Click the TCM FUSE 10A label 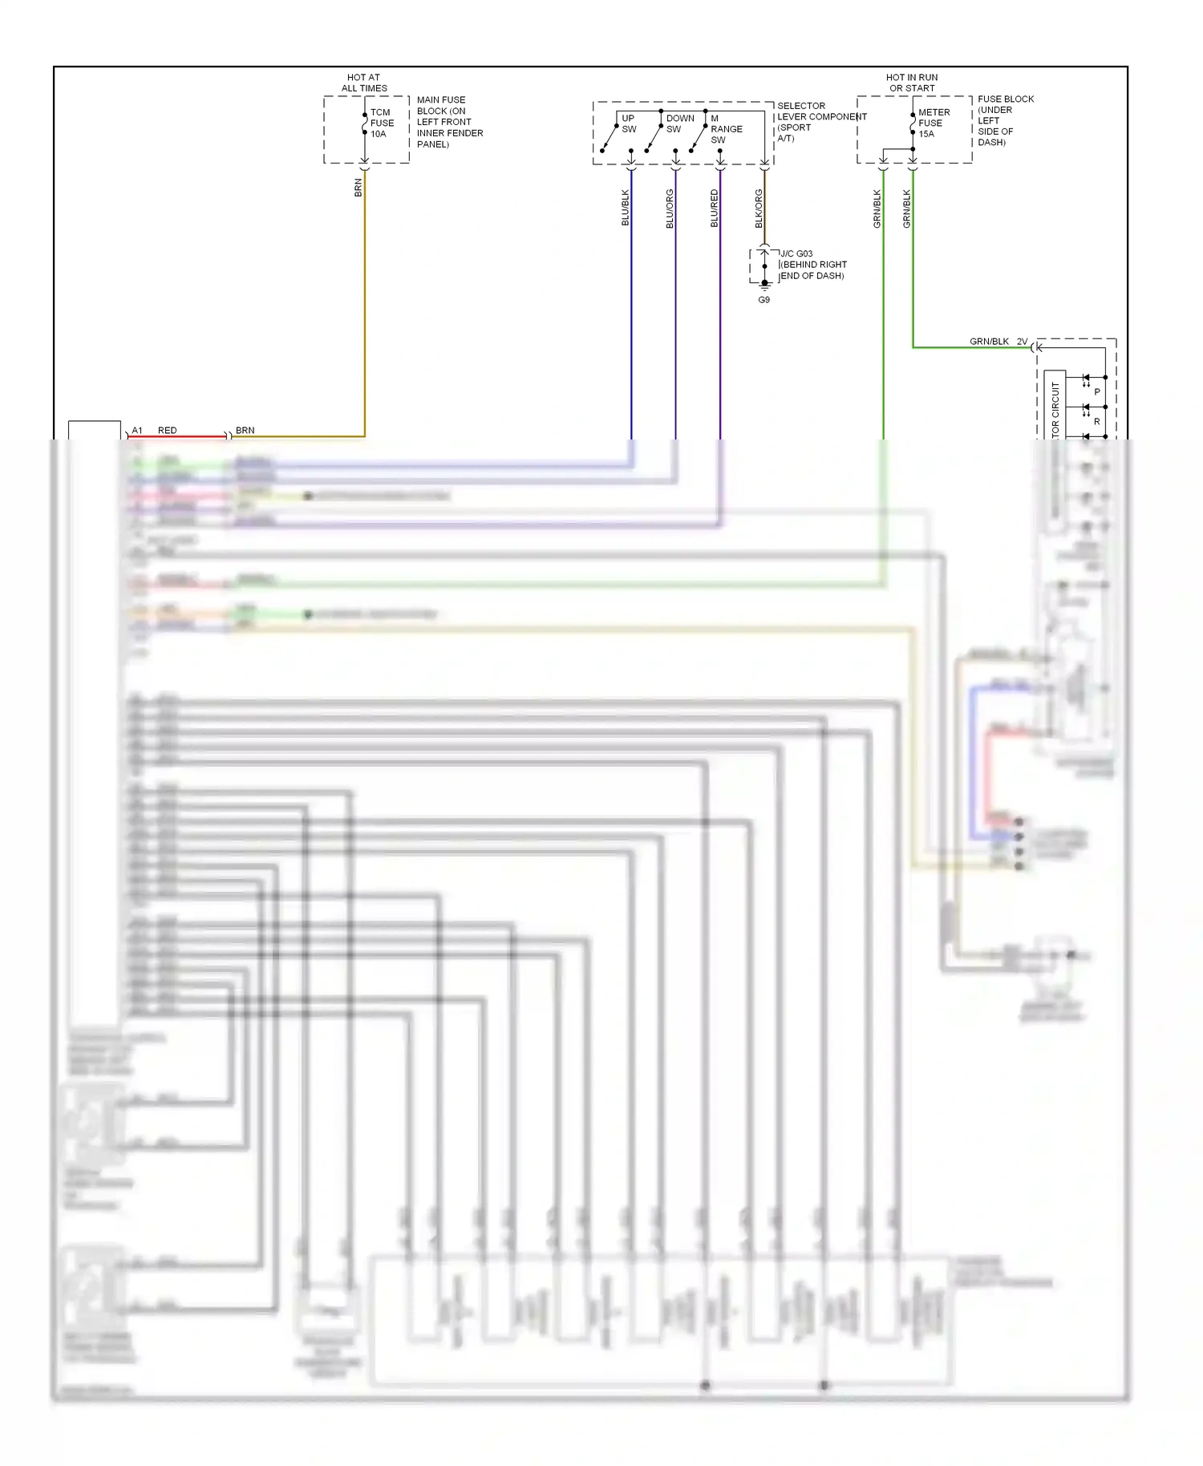(x=381, y=124)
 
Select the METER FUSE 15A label (x=933, y=124)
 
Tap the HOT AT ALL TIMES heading (x=364, y=83)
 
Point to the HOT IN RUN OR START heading (x=912, y=83)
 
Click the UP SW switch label (x=629, y=124)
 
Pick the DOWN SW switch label (x=679, y=124)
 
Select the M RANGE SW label (x=725, y=129)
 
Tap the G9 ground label (x=764, y=300)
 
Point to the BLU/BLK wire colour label (x=626, y=208)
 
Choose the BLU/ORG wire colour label (x=670, y=209)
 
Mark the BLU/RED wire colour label (x=715, y=209)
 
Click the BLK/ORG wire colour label (x=759, y=209)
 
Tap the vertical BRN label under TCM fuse (x=358, y=188)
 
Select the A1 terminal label (x=137, y=431)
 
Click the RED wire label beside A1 (x=167, y=431)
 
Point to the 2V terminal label (x=1022, y=342)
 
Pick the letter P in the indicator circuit (x=1097, y=392)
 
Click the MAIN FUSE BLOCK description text (x=449, y=122)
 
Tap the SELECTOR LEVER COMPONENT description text (x=820, y=122)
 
